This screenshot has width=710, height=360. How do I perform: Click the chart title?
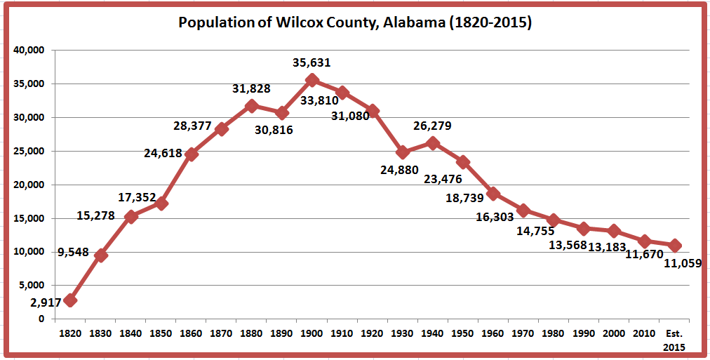tap(355, 22)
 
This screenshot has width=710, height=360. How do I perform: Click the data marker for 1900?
tap(312, 80)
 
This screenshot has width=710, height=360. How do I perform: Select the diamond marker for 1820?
tap(70, 300)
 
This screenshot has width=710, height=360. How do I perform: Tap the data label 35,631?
tap(312, 62)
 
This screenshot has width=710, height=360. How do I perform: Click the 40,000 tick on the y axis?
tap(29, 51)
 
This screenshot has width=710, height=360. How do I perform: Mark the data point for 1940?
tap(433, 142)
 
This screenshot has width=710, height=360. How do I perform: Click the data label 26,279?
tap(432, 126)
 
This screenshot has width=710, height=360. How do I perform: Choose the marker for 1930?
tap(403, 152)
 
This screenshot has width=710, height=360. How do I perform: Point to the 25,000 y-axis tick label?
tap(29, 151)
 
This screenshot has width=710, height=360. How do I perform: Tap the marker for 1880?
tap(252, 106)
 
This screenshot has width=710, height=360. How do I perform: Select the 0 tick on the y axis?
tap(41, 319)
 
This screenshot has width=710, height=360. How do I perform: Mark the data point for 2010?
tap(645, 241)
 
